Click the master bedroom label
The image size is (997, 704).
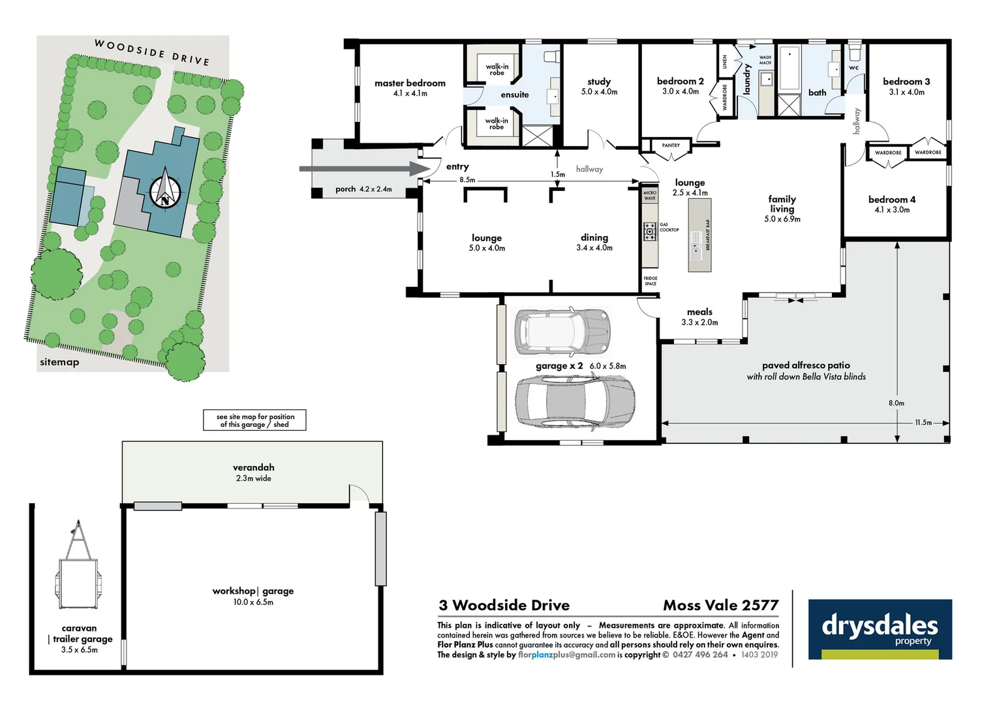(x=410, y=83)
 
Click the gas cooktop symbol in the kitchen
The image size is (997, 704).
(x=650, y=231)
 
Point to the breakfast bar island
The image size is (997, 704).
(x=699, y=235)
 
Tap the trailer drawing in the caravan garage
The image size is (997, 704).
(x=78, y=567)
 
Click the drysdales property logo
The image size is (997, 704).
(x=880, y=629)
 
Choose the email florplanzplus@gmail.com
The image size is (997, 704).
(x=566, y=655)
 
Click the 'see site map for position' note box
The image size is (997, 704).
(x=254, y=420)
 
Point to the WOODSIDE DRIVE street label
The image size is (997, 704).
(x=152, y=52)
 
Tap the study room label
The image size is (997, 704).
(x=598, y=82)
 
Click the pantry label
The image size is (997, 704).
(x=670, y=145)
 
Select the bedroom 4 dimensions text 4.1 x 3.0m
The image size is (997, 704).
(x=892, y=210)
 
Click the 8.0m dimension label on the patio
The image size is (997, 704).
(x=896, y=403)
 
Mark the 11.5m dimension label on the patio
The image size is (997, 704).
(x=923, y=422)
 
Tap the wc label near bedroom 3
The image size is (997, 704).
(x=853, y=68)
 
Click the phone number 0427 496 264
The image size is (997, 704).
(x=700, y=655)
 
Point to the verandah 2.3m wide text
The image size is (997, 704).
(x=253, y=478)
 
